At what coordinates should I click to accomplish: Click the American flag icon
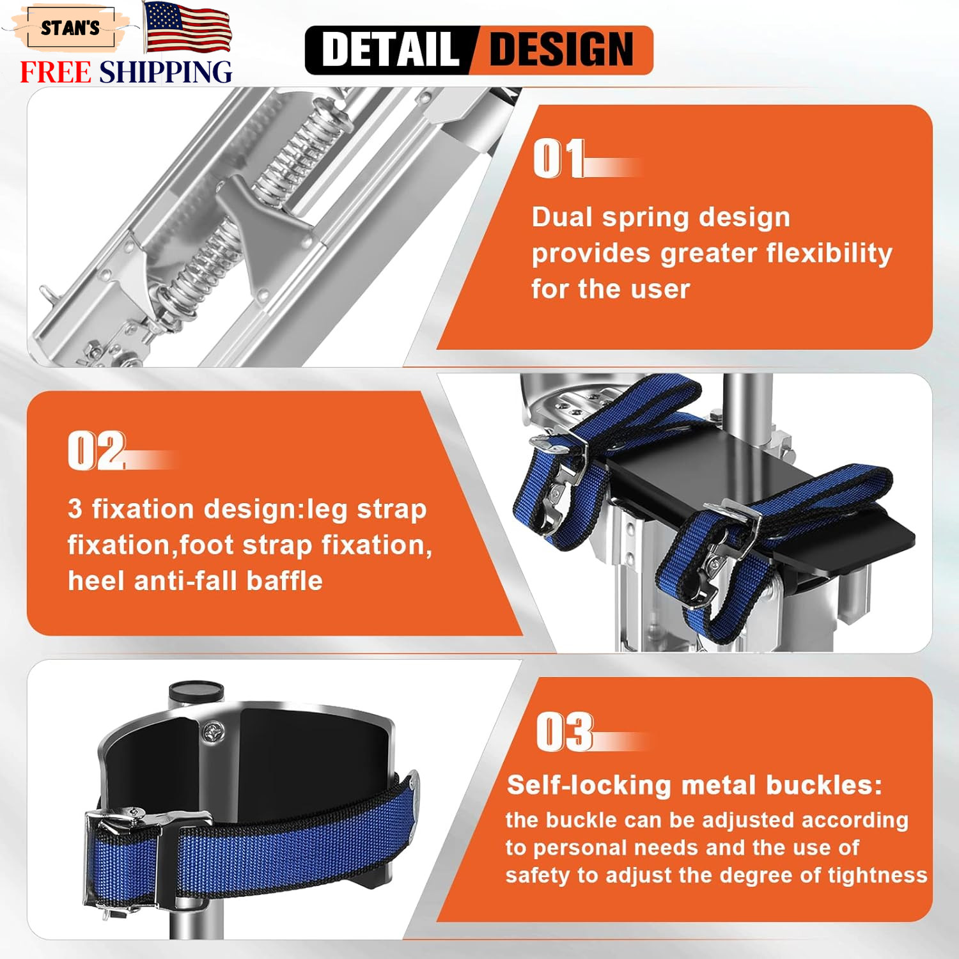(x=187, y=27)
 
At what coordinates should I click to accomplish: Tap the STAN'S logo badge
(x=70, y=28)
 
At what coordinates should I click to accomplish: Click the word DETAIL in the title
(x=391, y=50)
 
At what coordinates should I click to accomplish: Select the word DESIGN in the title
(x=561, y=50)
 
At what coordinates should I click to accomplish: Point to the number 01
(x=559, y=158)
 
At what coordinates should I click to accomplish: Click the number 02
(x=97, y=451)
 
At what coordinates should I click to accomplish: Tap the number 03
(x=565, y=732)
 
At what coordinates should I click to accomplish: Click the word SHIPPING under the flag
(x=166, y=72)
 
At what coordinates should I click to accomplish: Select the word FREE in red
(x=56, y=72)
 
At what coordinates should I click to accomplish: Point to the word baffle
(x=285, y=581)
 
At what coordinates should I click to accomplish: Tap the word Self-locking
(x=589, y=785)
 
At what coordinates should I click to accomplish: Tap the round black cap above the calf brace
(x=196, y=692)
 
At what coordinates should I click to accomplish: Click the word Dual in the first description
(x=562, y=217)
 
